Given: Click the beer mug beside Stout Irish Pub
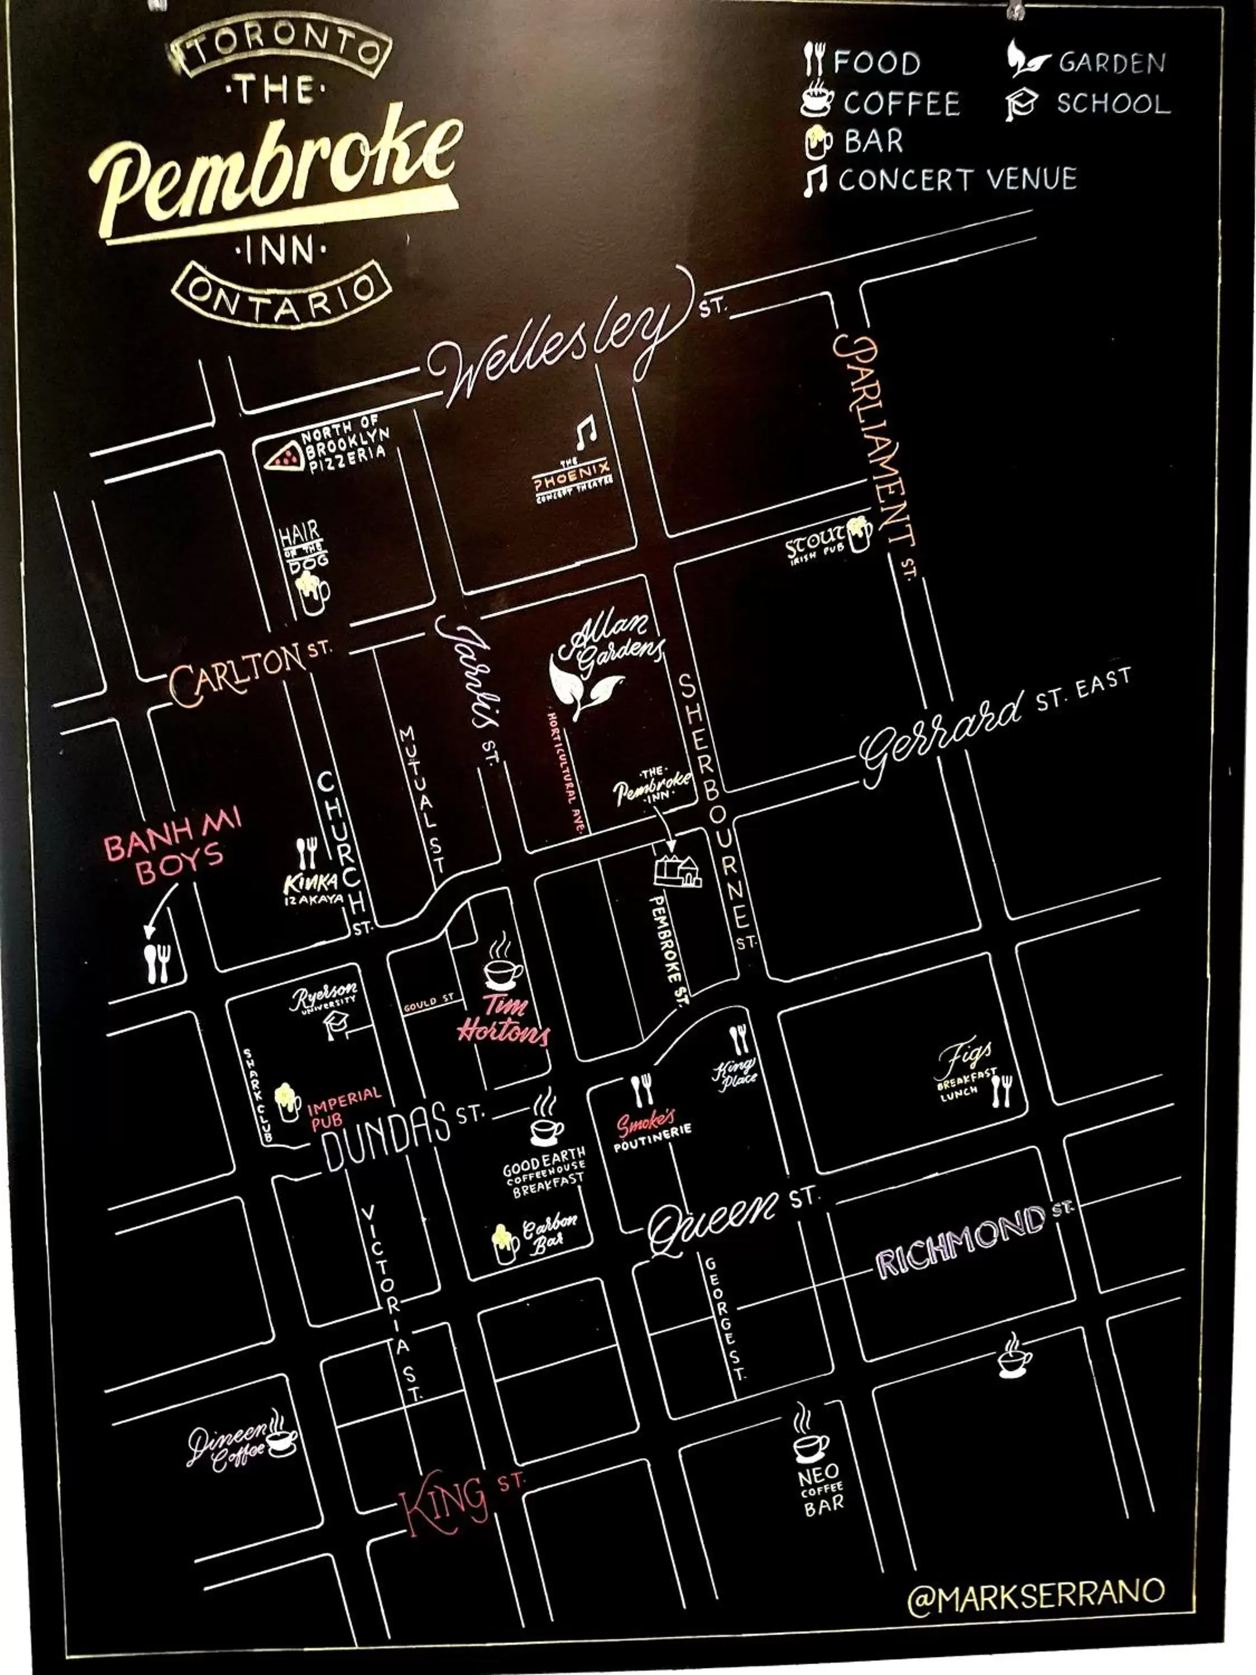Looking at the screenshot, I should coord(859,534).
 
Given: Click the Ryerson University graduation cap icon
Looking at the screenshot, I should coord(335,1026).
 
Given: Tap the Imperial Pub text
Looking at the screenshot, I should coord(344,1106).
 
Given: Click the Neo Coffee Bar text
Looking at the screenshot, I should coord(821,1489).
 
